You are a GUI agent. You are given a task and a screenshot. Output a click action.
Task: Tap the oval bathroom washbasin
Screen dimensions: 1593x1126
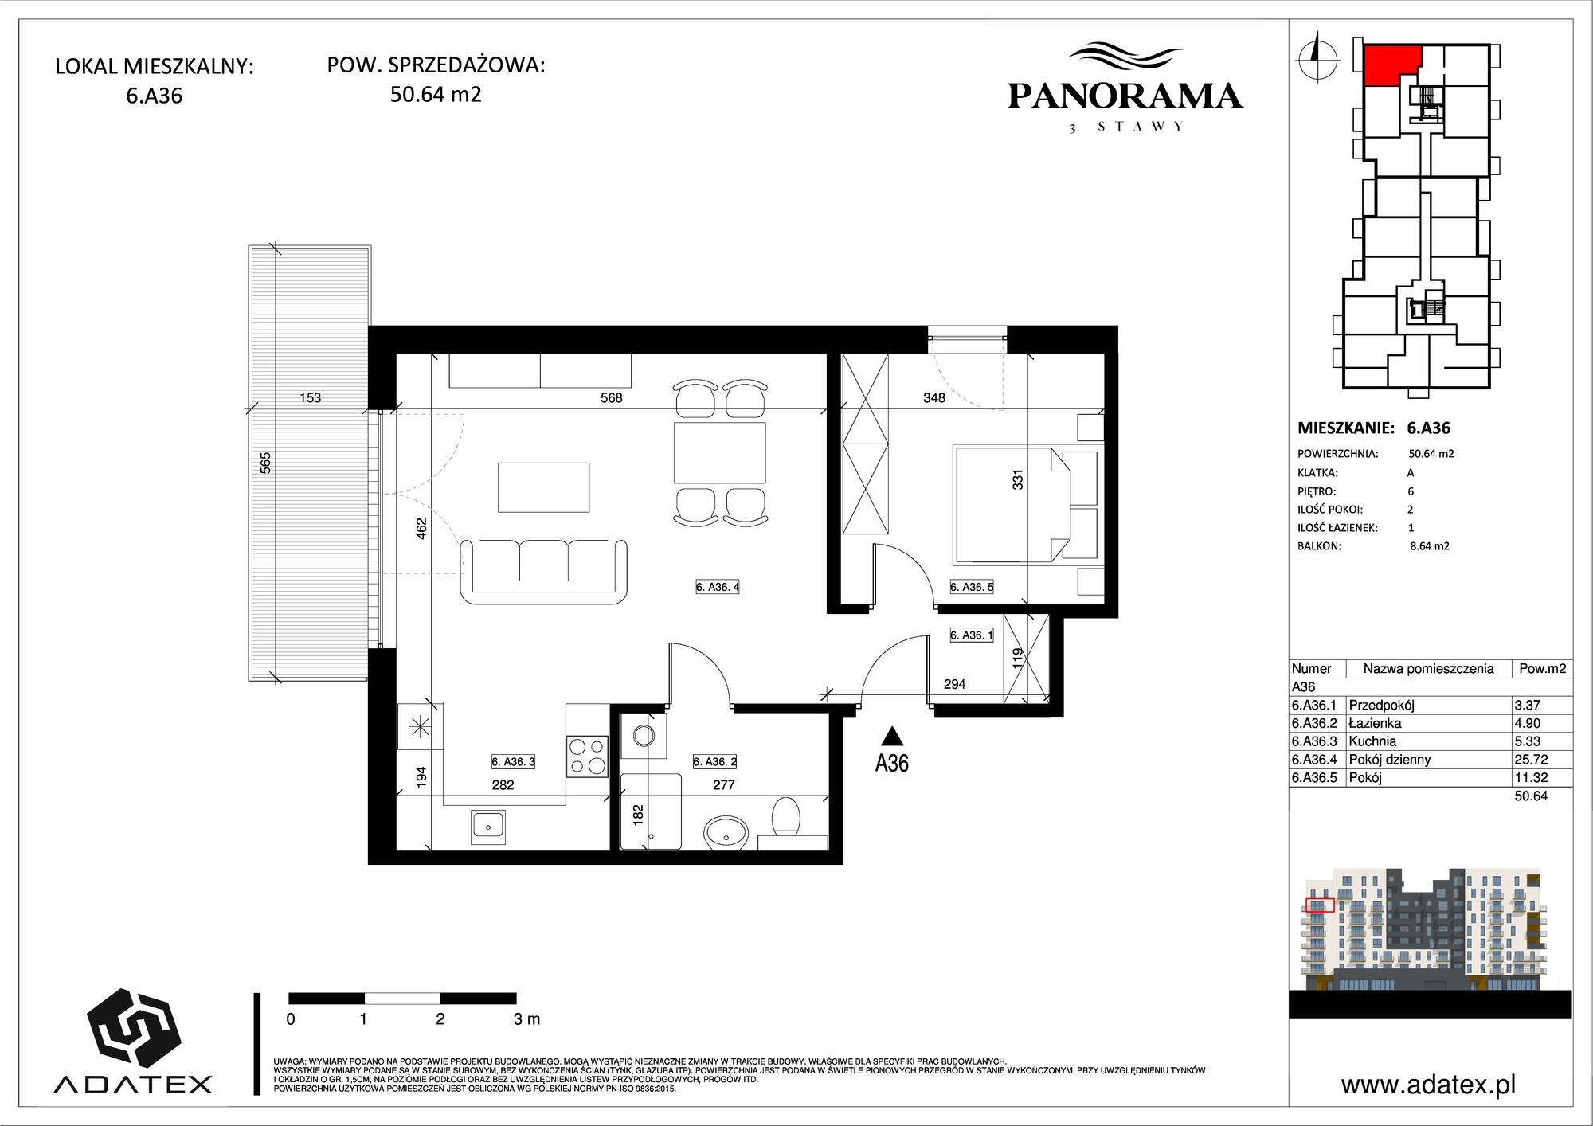(726, 833)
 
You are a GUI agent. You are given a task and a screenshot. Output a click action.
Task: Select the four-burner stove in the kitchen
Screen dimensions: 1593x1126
(588, 757)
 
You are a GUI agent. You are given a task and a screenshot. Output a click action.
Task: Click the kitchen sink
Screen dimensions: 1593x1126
(488, 827)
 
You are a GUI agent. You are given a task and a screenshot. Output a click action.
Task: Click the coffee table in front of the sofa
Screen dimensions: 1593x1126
(544, 487)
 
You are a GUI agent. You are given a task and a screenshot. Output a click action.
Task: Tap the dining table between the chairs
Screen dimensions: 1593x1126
(720, 453)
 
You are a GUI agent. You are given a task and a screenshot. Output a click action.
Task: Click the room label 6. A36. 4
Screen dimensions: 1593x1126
(718, 588)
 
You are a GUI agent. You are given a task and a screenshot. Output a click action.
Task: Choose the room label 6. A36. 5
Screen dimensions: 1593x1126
(972, 588)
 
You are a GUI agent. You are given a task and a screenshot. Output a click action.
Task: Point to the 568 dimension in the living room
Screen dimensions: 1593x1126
(612, 398)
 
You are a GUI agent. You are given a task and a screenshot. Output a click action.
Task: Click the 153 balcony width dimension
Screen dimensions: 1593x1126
(311, 398)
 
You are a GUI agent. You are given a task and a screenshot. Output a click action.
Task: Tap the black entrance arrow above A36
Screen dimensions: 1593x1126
(892, 736)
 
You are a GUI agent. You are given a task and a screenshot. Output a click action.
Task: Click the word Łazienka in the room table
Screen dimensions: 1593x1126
(1375, 723)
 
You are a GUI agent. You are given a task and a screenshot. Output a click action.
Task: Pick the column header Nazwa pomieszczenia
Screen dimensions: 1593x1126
(1428, 669)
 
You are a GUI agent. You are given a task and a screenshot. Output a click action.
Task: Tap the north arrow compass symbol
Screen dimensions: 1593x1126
(1317, 57)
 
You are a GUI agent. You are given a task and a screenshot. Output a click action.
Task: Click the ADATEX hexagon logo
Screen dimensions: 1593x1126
(133, 1028)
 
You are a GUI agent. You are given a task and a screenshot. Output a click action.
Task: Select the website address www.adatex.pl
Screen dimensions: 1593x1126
(1429, 1085)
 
